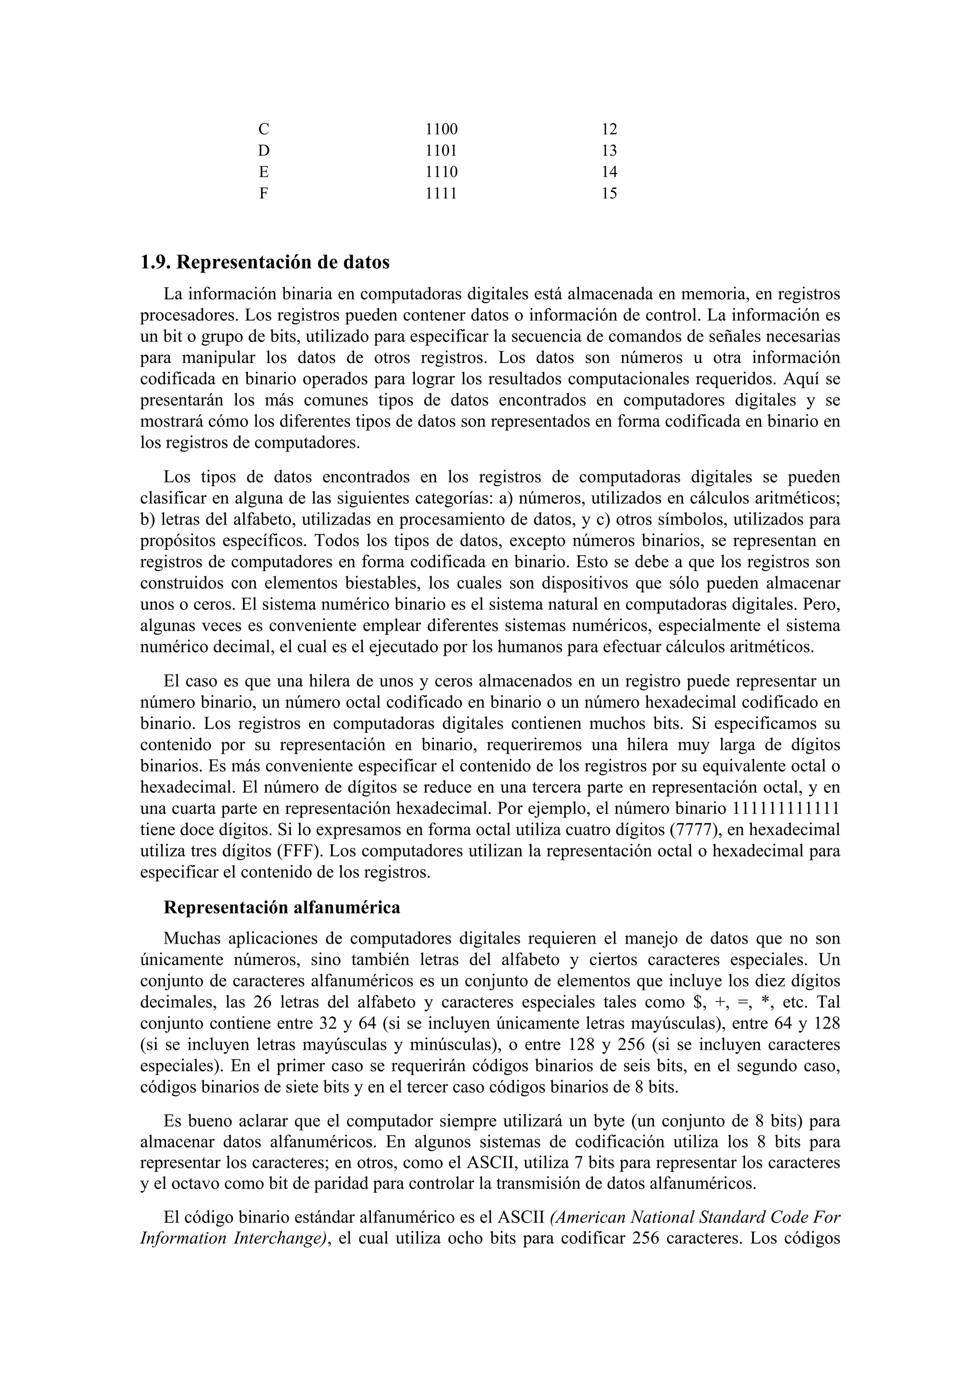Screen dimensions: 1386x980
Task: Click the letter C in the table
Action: [263, 129]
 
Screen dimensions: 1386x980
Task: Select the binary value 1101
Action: [441, 150]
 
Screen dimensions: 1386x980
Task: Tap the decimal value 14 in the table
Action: [609, 172]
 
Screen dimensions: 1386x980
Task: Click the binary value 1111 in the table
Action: [441, 194]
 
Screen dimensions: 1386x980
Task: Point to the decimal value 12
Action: [609, 129]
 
